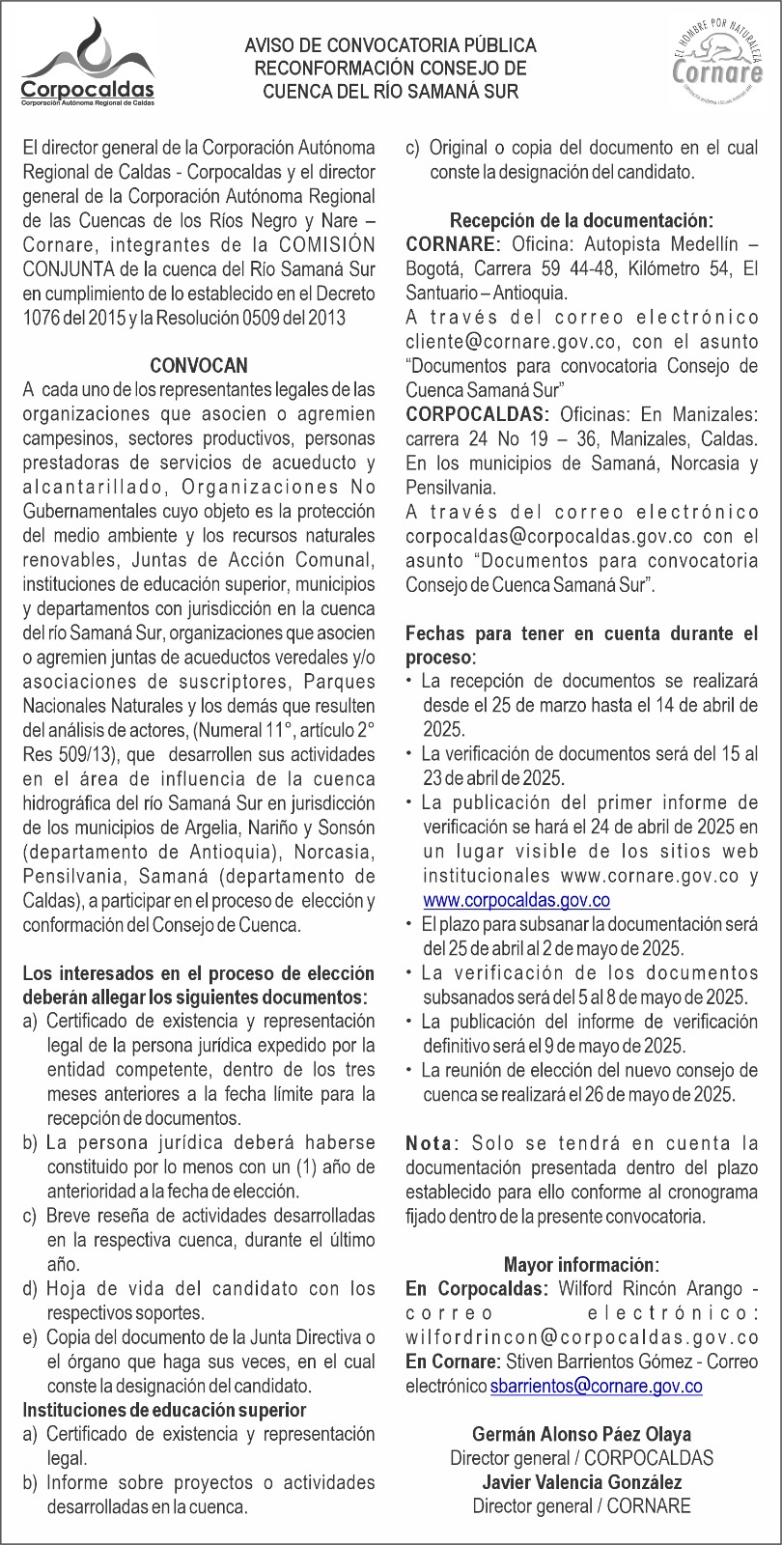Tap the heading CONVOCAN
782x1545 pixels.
[x=199, y=366]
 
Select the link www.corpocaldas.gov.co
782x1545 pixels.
[x=517, y=900]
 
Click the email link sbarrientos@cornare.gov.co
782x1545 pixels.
[x=596, y=1386]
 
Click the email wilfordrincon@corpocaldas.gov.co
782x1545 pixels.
[x=582, y=1337]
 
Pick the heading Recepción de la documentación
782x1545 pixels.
[x=582, y=220]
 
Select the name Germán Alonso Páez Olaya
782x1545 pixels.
[x=581, y=1434]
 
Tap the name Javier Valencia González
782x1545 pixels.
[x=581, y=1482]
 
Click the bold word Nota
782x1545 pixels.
[x=430, y=1143]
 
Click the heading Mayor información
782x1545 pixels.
[x=581, y=1264]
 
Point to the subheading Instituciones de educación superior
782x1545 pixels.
[x=164, y=1411]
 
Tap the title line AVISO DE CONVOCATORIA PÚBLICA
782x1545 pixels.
[x=391, y=45]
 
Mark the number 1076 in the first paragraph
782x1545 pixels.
[x=42, y=317]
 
